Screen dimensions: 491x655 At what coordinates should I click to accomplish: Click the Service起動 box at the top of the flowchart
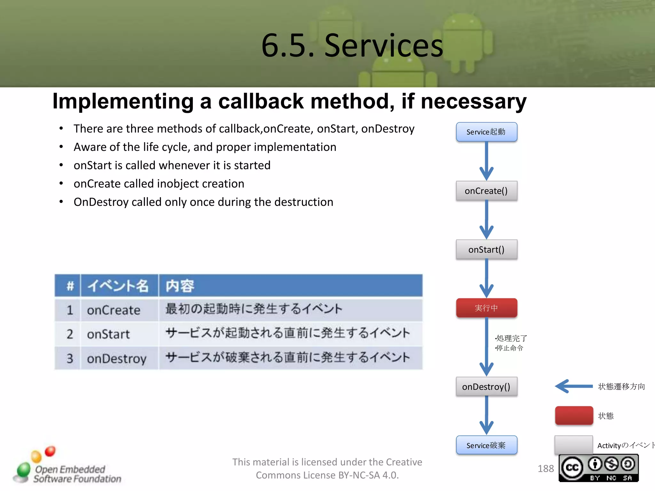[486, 132]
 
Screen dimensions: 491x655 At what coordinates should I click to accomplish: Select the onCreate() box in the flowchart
[486, 191]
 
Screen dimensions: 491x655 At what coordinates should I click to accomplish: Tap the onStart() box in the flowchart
[486, 249]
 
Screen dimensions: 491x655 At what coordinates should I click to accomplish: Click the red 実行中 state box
[486, 308]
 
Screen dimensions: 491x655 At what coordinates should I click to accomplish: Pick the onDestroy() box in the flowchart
[486, 387]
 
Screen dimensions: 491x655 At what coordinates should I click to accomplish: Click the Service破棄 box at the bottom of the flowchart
[486, 445]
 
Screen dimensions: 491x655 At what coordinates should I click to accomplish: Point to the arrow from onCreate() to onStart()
[486, 221]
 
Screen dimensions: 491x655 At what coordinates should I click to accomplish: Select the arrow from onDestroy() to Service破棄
[486, 416]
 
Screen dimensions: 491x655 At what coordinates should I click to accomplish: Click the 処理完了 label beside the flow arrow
[511, 338]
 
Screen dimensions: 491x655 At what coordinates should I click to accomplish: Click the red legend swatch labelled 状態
[574, 416]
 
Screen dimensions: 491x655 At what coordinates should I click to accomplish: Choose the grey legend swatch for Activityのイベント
[573, 445]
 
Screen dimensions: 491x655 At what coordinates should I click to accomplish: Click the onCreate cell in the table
[114, 310]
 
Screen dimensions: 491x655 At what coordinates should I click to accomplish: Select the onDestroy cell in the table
[116, 358]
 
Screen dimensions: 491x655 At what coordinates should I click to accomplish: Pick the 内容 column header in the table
[180, 286]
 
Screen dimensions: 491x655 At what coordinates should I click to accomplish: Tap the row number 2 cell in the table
[70, 334]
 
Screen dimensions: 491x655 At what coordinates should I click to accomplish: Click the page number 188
[546, 469]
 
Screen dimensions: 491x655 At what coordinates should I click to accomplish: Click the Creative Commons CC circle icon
[572, 468]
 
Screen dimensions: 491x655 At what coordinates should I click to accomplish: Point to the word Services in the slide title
[383, 45]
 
